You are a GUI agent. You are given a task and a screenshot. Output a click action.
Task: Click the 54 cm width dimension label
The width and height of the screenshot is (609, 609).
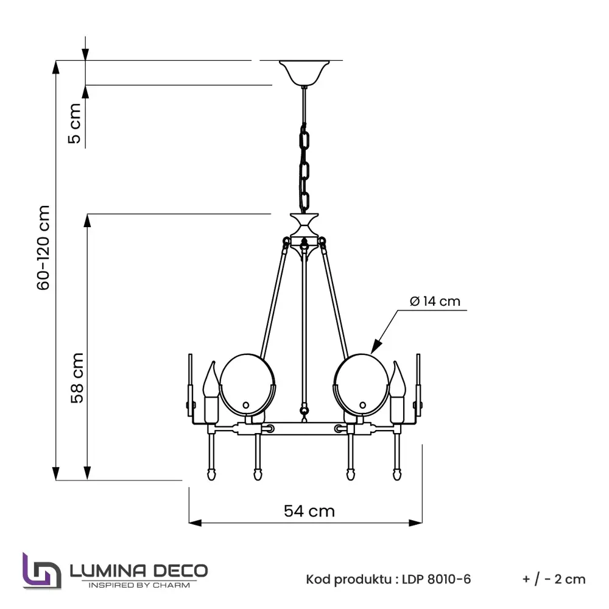click(309, 511)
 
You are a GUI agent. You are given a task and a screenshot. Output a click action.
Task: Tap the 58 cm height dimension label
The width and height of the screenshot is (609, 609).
click(77, 378)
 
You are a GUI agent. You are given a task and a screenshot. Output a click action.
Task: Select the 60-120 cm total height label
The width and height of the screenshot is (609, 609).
click(43, 247)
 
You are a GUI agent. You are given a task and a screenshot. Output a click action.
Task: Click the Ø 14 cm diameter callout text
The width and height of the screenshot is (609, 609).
click(435, 301)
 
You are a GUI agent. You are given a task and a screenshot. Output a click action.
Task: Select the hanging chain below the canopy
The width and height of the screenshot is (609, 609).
click(304, 164)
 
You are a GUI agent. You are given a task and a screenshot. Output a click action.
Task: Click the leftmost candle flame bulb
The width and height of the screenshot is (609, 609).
click(210, 381)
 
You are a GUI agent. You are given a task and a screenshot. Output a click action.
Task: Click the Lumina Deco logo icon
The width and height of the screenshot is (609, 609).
click(42, 571)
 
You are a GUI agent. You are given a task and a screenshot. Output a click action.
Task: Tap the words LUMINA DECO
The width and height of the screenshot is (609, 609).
click(139, 571)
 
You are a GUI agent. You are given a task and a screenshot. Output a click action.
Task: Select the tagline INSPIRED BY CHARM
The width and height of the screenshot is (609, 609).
click(139, 585)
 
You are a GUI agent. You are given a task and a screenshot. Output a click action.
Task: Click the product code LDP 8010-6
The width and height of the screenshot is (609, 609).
click(436, 579)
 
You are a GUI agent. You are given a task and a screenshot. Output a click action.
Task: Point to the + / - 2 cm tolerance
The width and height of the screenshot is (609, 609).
click(554, 579)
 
